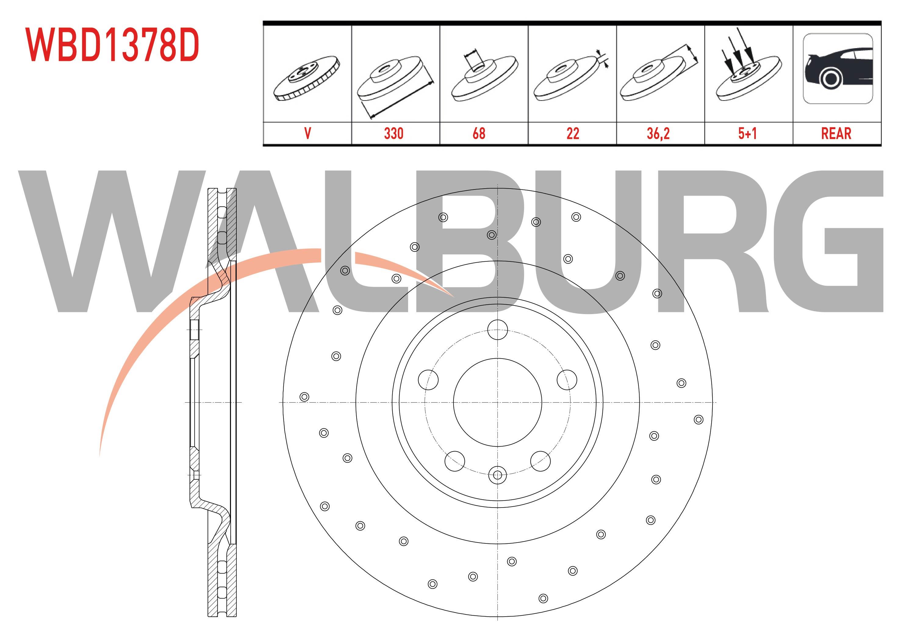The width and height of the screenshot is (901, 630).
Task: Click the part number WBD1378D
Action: coord(113,45)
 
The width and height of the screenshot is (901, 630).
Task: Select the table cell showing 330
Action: coord(393,134)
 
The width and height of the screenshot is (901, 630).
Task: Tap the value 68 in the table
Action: coord(479,134)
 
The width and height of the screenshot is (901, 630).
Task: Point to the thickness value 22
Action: coord(573,134)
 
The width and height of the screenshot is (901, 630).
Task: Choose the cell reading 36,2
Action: coord(658,134)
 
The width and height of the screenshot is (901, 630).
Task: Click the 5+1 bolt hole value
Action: coord(747,134)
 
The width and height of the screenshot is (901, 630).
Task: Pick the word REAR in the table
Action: coord(836,134)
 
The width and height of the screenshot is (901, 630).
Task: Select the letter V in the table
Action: coord(308,134)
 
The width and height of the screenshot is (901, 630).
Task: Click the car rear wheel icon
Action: coord(838,69)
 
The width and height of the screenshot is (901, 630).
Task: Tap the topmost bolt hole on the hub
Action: coord(497,329)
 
